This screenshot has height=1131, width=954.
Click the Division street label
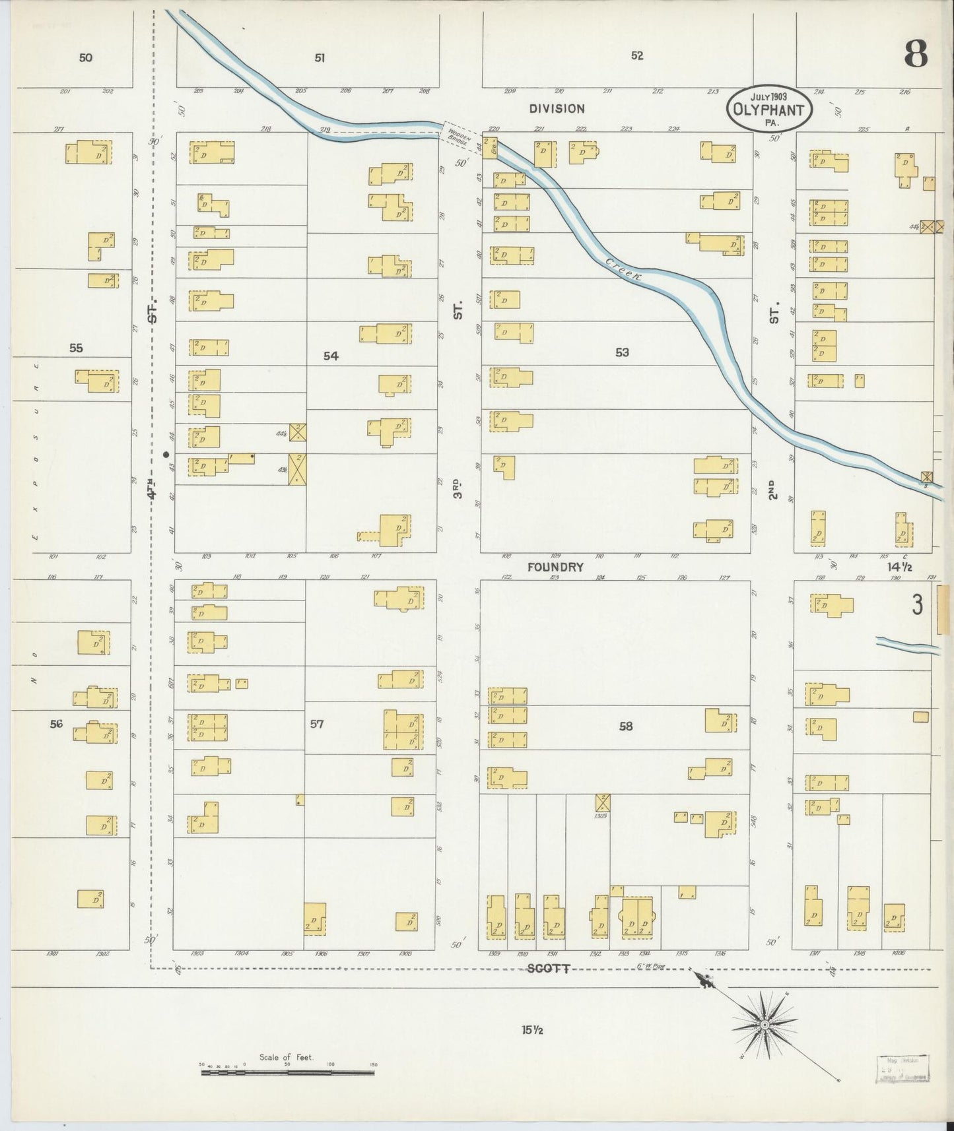point(556,109)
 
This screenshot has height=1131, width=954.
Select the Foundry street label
point(555,567)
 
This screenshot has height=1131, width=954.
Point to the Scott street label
point(548,969)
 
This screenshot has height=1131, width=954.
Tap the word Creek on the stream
point(624,270)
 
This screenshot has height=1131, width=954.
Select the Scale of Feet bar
point(287,1073)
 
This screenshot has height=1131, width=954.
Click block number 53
point(622,353)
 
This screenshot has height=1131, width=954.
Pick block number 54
point(331,356)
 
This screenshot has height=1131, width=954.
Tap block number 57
point(317,724)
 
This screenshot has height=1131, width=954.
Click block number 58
point(625,727)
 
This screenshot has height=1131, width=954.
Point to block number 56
point(56,724)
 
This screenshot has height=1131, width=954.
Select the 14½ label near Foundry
point(899,567)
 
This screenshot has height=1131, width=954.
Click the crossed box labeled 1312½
point(602,802)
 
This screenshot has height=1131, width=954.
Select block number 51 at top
point(320,58)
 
